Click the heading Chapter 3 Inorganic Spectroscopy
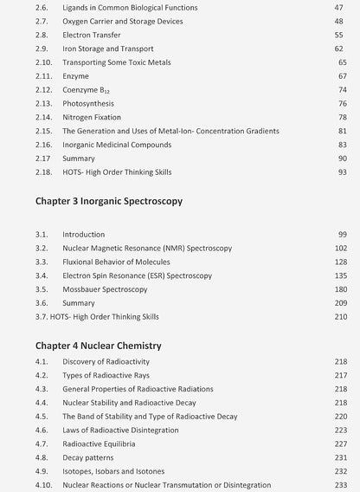pos(109,201)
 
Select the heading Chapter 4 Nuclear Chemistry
pos(98,346)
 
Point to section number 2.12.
pos(43,89)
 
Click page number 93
pos(342,172)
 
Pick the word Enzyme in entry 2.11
pos(76,76)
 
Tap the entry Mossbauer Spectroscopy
pos(105,289)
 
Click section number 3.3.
pos(42,262)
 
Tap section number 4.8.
pos(42,457)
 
